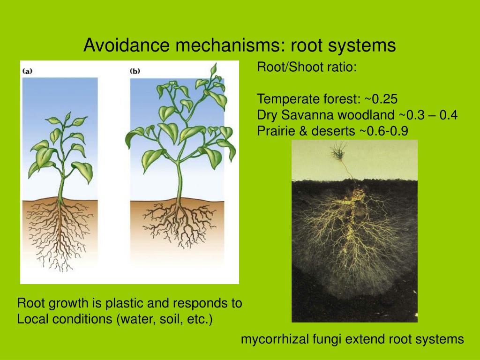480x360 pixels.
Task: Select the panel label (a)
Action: (x=27, y=71)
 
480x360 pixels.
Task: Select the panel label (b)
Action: (x=135, y=71)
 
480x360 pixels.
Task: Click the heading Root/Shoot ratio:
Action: (x=307, y=67)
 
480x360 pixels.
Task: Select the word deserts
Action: (x=333, y=131)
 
